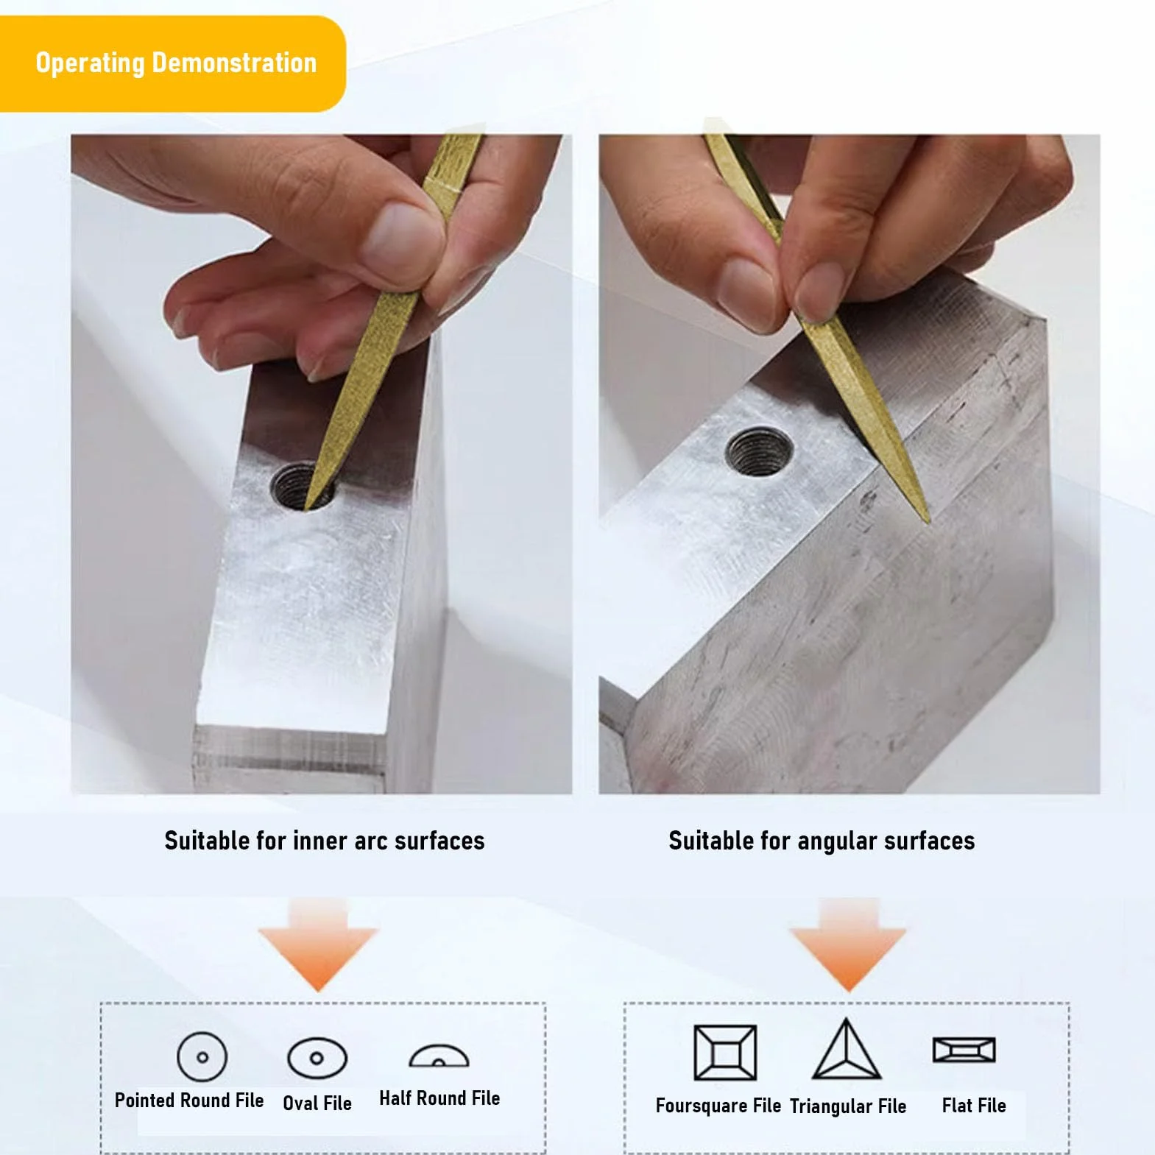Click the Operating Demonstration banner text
(176, 63)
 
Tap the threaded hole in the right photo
(759, 451)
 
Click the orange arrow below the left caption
(318, 945)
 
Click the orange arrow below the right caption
(848, 945)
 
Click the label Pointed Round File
(189, 1101)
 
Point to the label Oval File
(317, 1103)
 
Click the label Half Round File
(439, 1098)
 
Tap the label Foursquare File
(718, 1106)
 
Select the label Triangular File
(848, 1106)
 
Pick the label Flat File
(974, 1106)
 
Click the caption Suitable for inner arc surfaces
(325, 841)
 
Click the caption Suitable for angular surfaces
(822, 841)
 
